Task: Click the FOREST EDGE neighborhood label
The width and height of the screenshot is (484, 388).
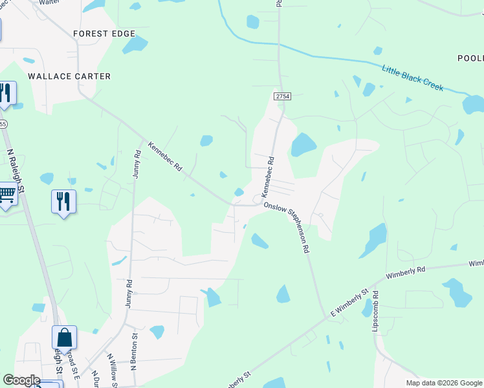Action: (x=104, y=34)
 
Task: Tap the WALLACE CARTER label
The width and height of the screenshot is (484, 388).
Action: (x=69, y=76)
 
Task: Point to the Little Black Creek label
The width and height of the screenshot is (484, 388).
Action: (x=412, y=78)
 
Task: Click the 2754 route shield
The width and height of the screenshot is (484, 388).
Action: (x=282, y=96)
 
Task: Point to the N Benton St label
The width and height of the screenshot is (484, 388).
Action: (x=134, y=352)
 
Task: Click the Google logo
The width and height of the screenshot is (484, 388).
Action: (x=21, y=380)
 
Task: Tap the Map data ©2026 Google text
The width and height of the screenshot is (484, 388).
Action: (x=444, y=383)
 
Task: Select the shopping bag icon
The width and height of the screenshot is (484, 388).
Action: (x=65, y=338)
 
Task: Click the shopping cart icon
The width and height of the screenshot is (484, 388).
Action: (x=6, y=194)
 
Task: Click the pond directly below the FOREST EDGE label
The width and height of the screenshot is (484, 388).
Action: (x=135, y=45)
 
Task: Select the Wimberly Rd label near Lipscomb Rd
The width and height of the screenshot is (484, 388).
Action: (x=406, y=272)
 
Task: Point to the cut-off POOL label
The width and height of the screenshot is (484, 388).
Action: (x=470, y=58)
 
